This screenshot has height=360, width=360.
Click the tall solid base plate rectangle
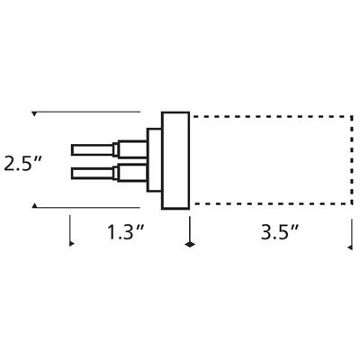tap(175, 160)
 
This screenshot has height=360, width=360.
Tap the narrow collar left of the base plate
tap(154, 160)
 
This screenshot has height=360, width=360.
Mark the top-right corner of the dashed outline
tap(349, 112)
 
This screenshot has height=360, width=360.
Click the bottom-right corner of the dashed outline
tap(349, 208)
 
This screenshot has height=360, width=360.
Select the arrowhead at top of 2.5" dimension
tap(34, 114)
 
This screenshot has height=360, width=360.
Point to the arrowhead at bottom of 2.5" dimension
tap(34, 207)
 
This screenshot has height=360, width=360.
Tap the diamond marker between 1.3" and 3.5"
tap(189, 243)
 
